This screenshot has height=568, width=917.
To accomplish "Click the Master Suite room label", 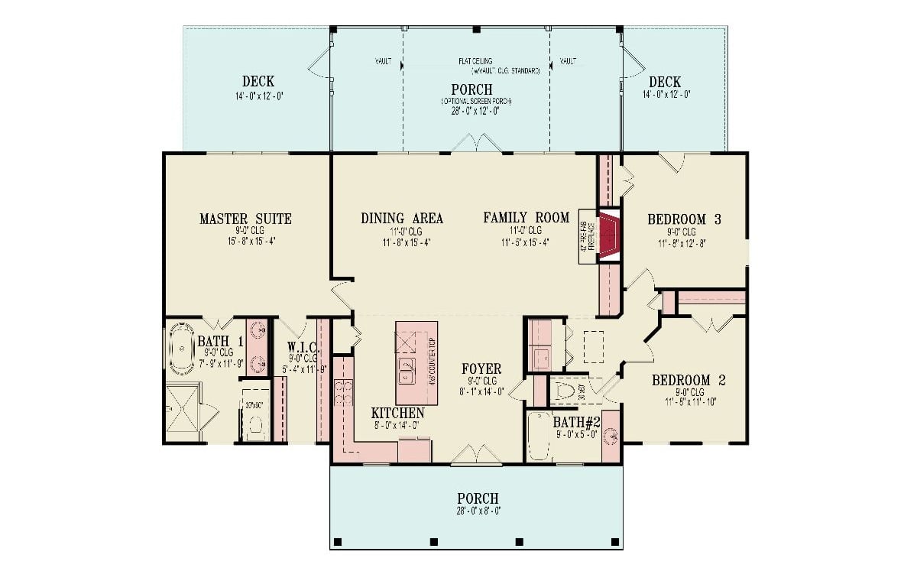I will pyautogui.click(x=245, y=219).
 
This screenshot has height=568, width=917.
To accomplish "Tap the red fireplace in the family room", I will pyautogui.click(x=608, y=236).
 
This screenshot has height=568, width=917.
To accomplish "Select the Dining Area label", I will pyautogui.click(x=402, y=219).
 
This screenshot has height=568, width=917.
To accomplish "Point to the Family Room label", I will pyautogui.click(x=526, y=218).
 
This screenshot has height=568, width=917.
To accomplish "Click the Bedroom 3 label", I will pyautogui.click(x=684, y=219).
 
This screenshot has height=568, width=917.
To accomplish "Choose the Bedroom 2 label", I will pyautogui.click(x=689, y=380).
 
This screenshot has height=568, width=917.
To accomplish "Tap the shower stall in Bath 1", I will pyautogui.click(x=183, y=414).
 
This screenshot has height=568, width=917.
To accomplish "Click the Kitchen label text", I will pyautogui.click(x=397, y=413).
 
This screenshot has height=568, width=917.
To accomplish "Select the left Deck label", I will pyautogui.click(x=258, y=82).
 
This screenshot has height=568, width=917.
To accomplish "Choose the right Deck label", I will pyautogui.click(x=665, y=82).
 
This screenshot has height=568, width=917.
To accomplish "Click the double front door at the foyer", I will pyautogui.click(x=472, y=456).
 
